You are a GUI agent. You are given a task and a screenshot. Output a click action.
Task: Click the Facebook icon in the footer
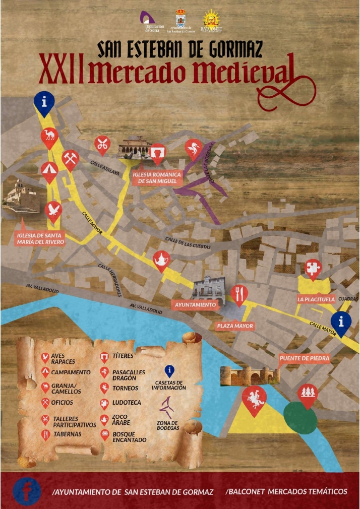27,491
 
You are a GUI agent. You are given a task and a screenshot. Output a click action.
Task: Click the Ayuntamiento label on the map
196,305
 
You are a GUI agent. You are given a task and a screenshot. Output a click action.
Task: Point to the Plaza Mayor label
234,326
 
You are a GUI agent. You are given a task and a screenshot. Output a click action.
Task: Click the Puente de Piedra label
305,359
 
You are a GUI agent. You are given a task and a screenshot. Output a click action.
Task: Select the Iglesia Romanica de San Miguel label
157,177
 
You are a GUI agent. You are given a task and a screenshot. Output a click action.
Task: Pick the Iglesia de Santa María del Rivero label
40,238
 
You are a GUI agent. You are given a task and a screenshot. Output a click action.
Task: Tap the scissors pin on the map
102,145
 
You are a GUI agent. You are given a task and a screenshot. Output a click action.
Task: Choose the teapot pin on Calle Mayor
161,260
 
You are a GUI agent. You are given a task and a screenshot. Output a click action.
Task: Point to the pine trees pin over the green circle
307,395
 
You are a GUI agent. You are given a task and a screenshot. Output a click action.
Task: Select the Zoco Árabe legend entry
119,419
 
